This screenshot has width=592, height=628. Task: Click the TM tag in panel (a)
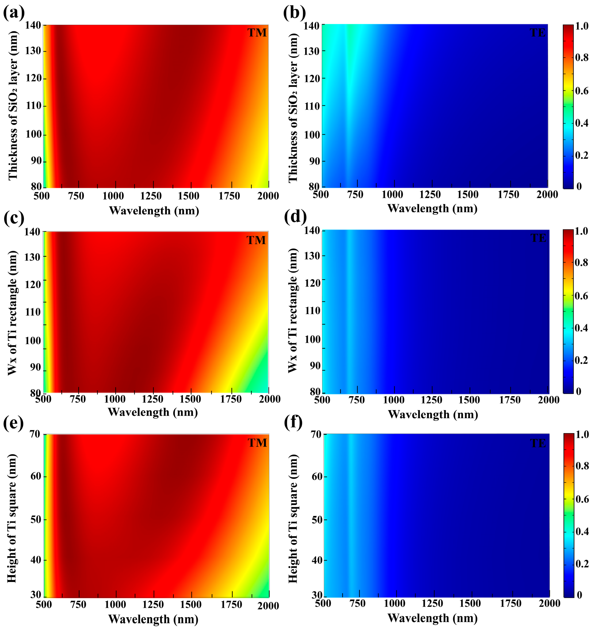[x=257, y=33]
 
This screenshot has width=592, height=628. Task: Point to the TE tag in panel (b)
[x=538, y=33]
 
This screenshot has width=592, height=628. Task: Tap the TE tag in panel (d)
[x=538, y=238]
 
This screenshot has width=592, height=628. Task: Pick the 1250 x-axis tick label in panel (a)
[x=151, y=196]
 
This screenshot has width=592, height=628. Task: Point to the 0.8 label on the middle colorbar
[x=581, y=263]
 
